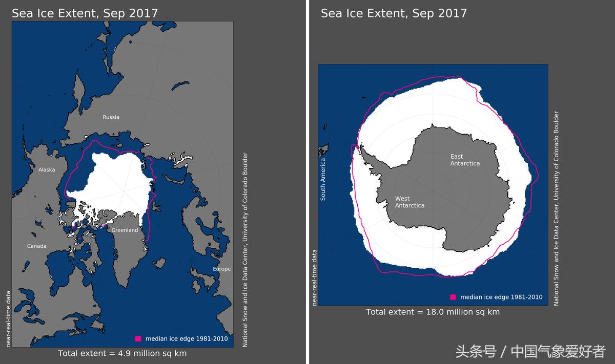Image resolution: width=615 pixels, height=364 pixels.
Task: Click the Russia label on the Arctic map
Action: click(x=111, y=117)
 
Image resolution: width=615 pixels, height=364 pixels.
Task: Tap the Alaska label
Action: click(x=47, y=170)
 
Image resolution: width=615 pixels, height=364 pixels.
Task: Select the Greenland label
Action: click(x=125, y=230)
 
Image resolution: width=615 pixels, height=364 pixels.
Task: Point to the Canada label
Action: click(x=36, y=246)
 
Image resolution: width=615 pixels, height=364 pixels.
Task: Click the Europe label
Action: click(x=222, y=269)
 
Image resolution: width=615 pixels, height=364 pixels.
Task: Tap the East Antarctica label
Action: click(x=465, y=160)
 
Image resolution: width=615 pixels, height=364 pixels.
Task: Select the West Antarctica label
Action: click(x=409, y=202)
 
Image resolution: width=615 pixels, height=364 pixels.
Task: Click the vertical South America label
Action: click(x=323, y=179)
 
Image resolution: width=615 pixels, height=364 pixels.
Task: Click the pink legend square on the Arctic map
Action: click(x=138, y=338)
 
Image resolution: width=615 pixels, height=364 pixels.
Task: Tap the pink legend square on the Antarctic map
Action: click(x=453, y=297)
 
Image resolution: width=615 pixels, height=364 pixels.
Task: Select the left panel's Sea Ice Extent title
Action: click(x=85, y=13)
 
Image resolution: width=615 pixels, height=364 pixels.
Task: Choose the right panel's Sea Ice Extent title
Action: click(x=394, y=13)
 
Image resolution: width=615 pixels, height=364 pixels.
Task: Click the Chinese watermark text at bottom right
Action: click(x=530, y=352)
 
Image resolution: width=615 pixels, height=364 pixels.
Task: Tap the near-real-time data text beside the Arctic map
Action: click(x=8, y=318)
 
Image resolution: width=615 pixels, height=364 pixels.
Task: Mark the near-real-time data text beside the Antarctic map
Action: click(x=314, y=277)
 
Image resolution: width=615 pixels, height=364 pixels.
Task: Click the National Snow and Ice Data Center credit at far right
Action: click(x=557, y=209)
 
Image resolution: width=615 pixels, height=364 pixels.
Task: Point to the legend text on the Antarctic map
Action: click(x=501, y=297)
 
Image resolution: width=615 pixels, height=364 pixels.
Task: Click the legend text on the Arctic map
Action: click(x=187, y=338)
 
